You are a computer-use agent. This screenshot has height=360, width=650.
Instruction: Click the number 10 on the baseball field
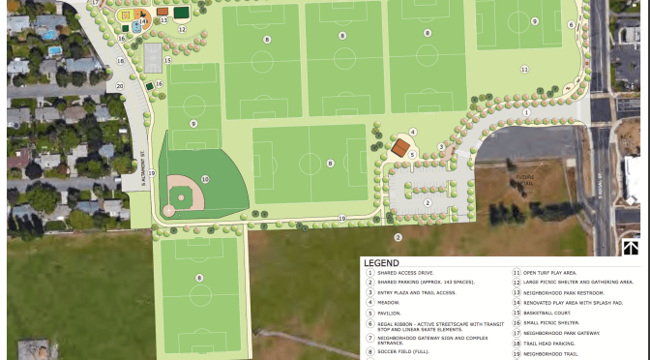[x=205, y=179]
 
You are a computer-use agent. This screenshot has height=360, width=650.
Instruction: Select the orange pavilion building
[x=399, y=147]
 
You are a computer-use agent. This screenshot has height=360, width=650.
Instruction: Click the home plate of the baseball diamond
[x=169, y=209]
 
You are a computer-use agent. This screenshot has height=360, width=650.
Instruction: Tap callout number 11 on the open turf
[x=524, y=70]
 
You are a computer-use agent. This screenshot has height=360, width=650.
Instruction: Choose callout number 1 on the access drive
[x=527, y=112]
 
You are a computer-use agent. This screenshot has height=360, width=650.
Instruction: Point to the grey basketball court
[x=151, y=58]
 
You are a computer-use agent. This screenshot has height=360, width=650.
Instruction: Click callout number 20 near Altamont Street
[x=121, y=86]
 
